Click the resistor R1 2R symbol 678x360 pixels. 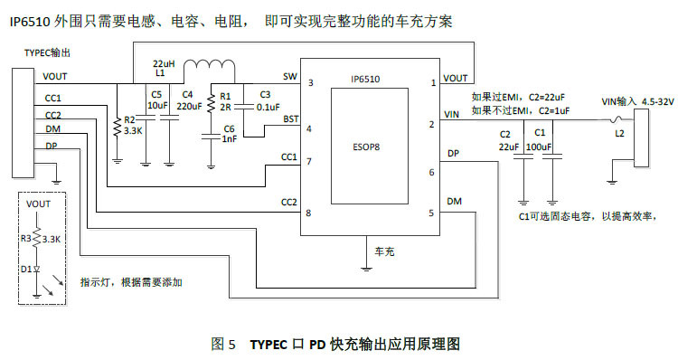click(211, 102)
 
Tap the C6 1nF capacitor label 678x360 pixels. click(229, 133)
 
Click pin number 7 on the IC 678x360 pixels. click(309, 162)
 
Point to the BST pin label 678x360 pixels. click(290, 118)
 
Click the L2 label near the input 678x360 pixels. click(618, 134)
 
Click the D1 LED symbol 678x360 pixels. click(35, 269)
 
